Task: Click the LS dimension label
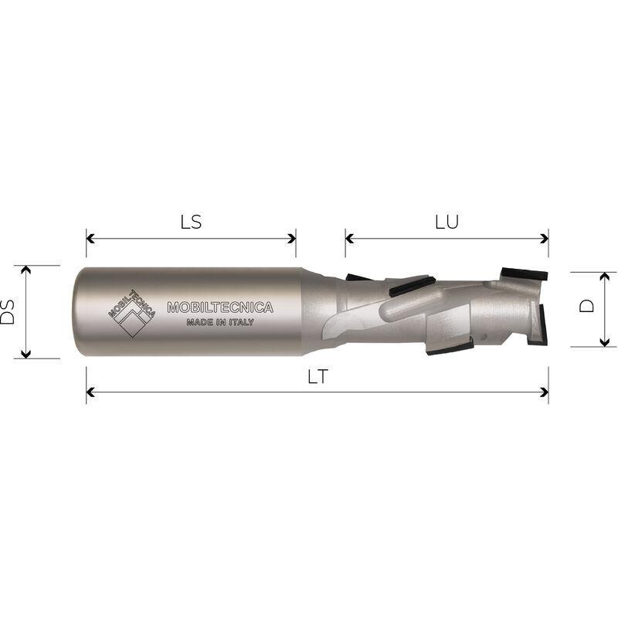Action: [x=191, y=222]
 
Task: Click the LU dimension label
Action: [x=447, y=222]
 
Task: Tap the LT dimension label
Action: [x=317, y=377]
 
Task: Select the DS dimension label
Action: [x=8, y=312]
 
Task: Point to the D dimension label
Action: [x=587, y=306]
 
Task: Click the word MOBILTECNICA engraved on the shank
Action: [x=220, y=307]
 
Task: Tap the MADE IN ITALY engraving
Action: [x=220, y=322]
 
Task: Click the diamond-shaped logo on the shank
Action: [x=131, y=314]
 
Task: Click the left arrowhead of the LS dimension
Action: [x=90, y=239]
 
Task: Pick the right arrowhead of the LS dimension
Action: [x=292, y=239]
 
